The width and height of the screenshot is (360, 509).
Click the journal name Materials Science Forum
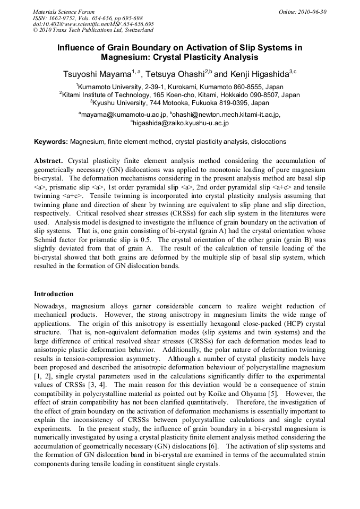coord(64,11)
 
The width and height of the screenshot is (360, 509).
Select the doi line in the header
coord(93,24)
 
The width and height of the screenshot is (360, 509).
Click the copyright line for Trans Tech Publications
coord(93,30)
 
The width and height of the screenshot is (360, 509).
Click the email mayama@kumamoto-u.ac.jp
coord(124,115)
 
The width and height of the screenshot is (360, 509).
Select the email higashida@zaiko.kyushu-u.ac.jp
coord(181,123)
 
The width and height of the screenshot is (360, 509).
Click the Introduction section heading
coord(54,294)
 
